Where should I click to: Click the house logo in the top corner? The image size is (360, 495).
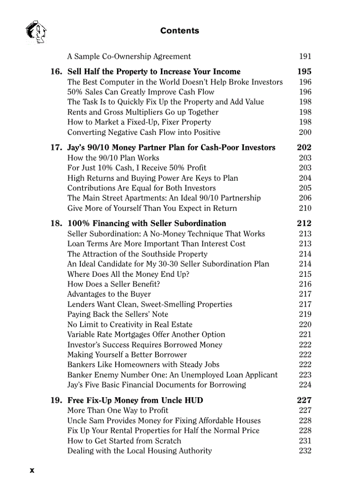[x=36, y=32]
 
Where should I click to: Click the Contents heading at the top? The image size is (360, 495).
[x=180, y=31]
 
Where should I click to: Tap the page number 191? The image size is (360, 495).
[x=305, y=56]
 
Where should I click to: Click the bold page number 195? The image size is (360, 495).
[x=304, y=72]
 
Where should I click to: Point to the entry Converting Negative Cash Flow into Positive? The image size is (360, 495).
[x=144, y=132]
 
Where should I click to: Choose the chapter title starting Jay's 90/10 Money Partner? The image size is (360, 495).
[x=171, y=148]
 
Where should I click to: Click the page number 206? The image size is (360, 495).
[x=305, y=198]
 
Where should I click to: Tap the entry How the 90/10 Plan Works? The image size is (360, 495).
[x=113, y=158]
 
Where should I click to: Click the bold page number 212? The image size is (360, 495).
[x=304, y=223]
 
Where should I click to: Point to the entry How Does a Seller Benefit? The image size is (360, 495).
[x=114, y=284]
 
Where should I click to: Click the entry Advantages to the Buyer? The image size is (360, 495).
[x=109, y=294]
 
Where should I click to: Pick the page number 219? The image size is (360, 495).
[x=305, y=314]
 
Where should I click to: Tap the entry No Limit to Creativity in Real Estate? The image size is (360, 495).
[x=130, y=324]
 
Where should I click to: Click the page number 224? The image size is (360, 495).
[x=305, y=385]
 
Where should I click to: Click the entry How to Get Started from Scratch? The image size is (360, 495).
[x=124, y=441]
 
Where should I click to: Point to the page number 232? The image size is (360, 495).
[x=305, y=451]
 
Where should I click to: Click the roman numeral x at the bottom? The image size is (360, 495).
[x=32, y=470]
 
